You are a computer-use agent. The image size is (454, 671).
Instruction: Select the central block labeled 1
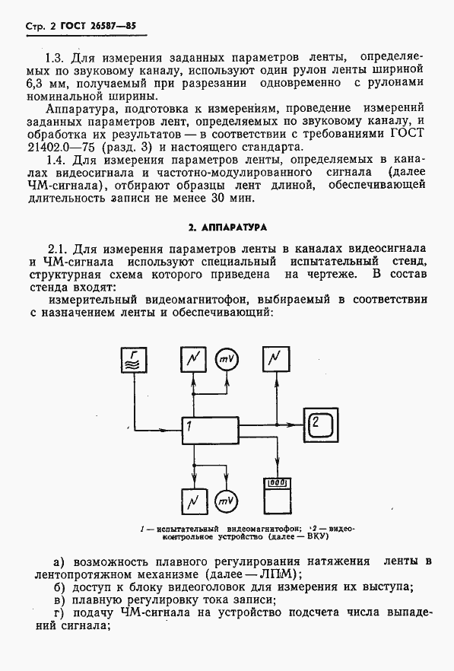point(210,431)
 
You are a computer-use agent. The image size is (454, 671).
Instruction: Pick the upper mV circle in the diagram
point(226,359)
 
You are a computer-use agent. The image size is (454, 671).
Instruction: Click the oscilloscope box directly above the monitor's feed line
point(275,360)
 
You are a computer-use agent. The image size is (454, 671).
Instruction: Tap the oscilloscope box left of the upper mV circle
point(193,360)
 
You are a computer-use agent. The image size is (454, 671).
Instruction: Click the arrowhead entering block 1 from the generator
point(176,429)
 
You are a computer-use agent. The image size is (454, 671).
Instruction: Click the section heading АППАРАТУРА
point(226,227)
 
